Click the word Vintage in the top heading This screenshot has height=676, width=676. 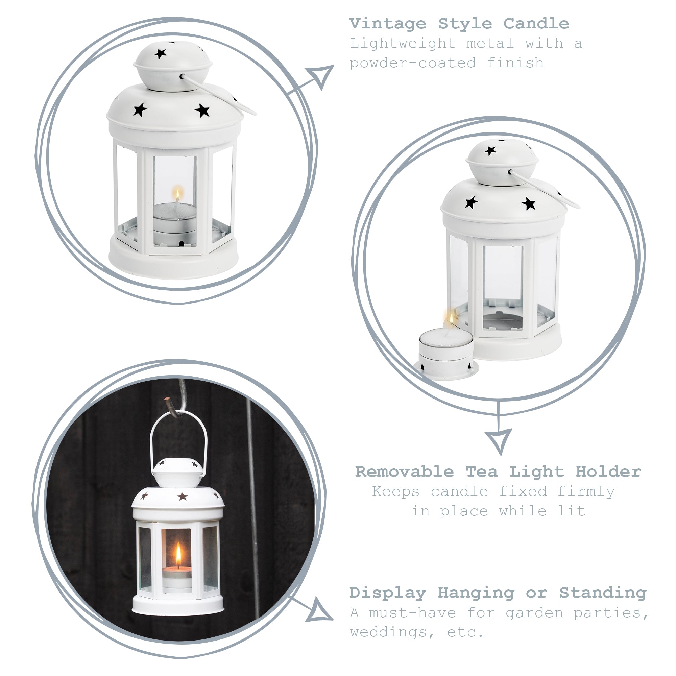388,24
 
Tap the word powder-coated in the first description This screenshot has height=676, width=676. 413,63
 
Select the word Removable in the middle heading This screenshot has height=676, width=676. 405,472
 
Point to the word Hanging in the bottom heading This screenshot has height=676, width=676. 476,593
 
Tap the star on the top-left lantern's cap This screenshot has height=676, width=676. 160,54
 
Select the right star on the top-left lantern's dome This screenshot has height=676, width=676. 202,111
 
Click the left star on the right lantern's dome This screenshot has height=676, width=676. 471,202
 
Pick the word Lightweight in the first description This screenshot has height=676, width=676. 403,44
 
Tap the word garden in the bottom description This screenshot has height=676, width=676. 534,613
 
